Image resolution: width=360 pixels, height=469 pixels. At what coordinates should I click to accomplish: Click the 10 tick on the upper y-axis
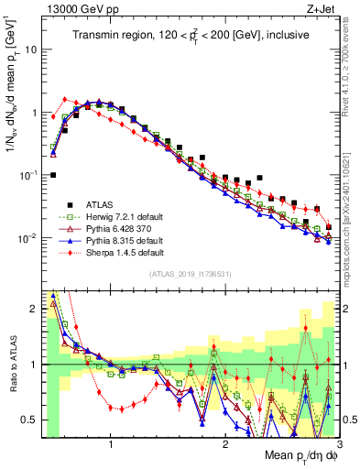[29, 49]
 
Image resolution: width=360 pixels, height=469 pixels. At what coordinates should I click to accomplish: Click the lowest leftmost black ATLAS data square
[53, 175]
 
